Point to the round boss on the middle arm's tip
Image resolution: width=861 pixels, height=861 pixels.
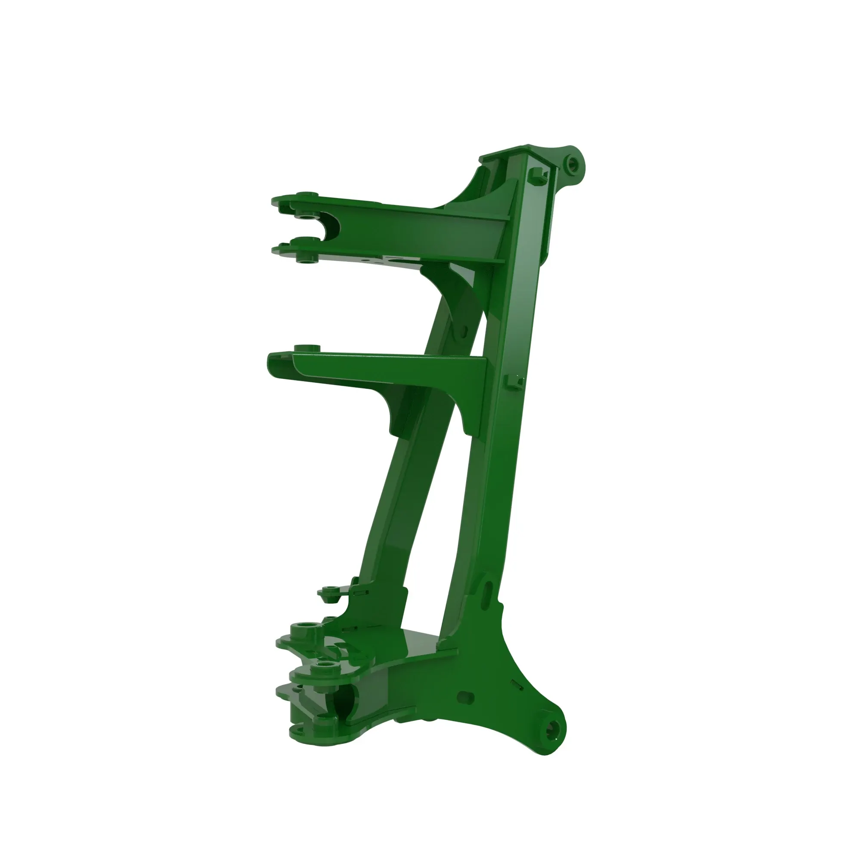[307, 347]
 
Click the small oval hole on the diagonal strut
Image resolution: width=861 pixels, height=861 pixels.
[464, 330]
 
